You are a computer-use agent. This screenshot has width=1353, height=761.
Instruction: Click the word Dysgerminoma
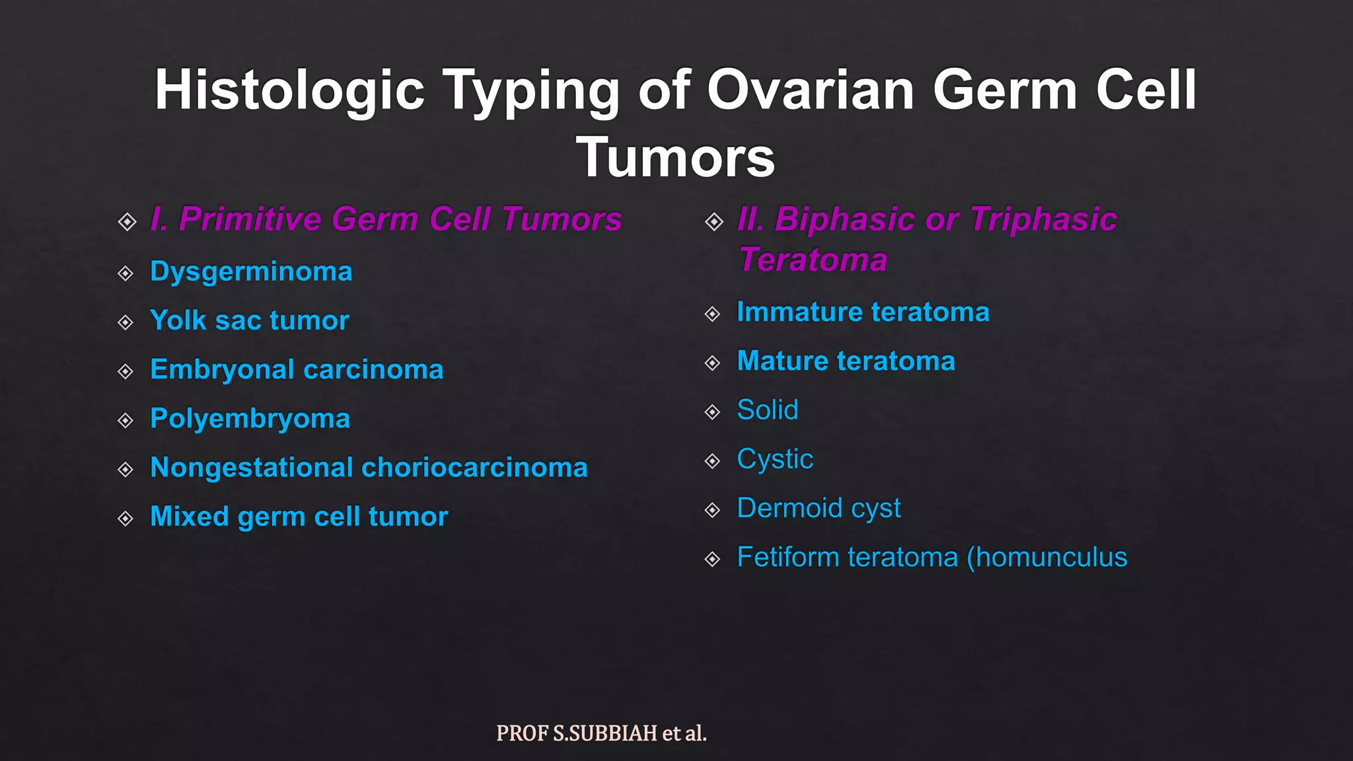tap(251, 272)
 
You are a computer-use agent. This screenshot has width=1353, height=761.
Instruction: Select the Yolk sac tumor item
tap(249, 321)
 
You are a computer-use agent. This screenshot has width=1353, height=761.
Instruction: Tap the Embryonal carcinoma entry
tap(297, 370)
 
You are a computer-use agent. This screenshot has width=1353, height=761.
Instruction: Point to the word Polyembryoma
tap(250, 419)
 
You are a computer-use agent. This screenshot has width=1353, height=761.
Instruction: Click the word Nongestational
tap(252, 468)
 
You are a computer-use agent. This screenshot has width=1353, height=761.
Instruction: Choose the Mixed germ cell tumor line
tap(299, 517)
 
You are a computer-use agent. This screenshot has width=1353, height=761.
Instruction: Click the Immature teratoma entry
tap(863, 312)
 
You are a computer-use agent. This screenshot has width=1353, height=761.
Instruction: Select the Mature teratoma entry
tap(846, 361)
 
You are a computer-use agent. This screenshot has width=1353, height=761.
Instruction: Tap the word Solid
tap(767, 410)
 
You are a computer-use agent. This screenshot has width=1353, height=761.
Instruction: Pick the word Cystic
tap(774, 459)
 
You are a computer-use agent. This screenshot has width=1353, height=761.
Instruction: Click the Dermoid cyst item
tap(819, 509)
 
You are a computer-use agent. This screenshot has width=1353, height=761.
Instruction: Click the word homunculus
tap(1051, 558)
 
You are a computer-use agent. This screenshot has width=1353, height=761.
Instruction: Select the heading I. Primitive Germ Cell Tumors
tap(386, 219)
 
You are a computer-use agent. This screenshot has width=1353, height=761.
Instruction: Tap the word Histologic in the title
tap(289, 90)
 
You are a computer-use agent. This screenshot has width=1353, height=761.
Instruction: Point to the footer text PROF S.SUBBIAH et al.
tap(601, 733)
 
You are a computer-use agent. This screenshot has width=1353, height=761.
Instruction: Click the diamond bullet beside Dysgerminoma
tap(126, 273)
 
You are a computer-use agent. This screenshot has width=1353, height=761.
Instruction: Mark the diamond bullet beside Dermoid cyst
tap(712, 510)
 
